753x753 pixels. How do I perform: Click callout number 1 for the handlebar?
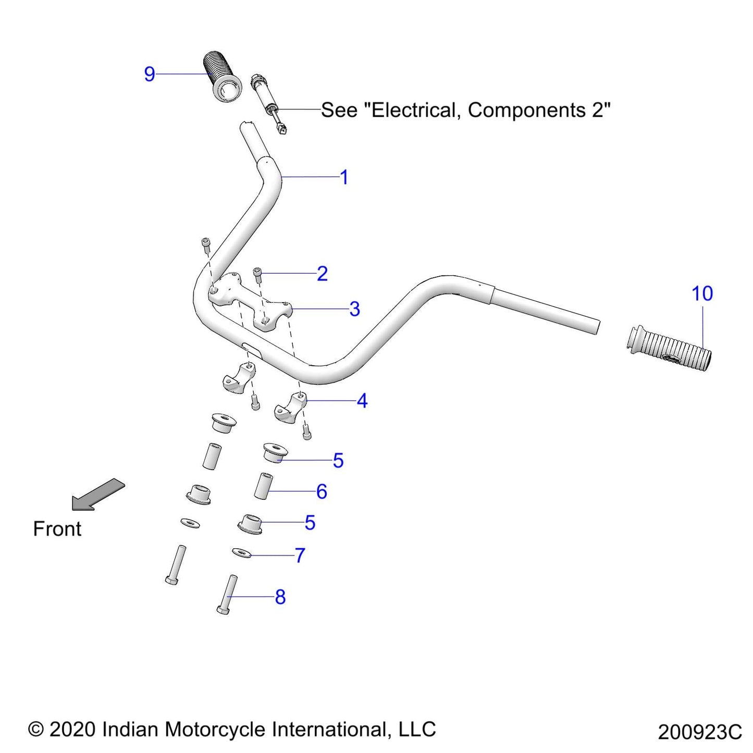[344, 177]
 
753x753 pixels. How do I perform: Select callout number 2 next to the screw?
[322, 274]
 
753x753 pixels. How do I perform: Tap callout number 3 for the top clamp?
[354, 309]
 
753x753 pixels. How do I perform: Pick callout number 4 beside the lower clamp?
[362, 401]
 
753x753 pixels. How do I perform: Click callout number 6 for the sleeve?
[322, 491]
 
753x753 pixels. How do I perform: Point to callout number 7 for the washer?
[300, 556]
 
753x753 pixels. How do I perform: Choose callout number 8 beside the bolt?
[280, 597]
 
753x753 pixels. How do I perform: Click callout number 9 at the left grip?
[150, 75]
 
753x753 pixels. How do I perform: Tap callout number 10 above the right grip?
[702, 294]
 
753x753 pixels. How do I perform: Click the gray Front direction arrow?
[98, 493]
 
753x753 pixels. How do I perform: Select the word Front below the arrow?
[57, 529]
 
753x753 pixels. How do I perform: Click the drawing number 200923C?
[699, 732]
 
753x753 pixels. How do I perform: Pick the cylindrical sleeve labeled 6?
[264, 485]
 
